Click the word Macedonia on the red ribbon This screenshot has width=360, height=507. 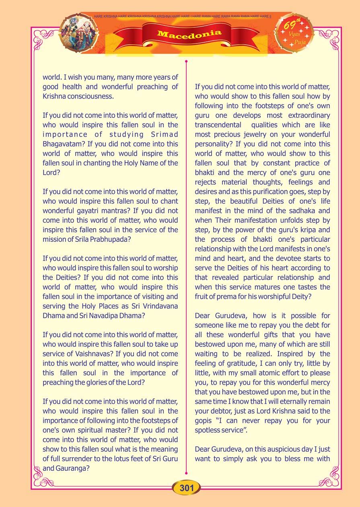coord(189,34)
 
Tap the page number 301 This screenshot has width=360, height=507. coord(187,488)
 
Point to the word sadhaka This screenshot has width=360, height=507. coord(304,210)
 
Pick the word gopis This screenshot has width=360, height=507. coord(205,420)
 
